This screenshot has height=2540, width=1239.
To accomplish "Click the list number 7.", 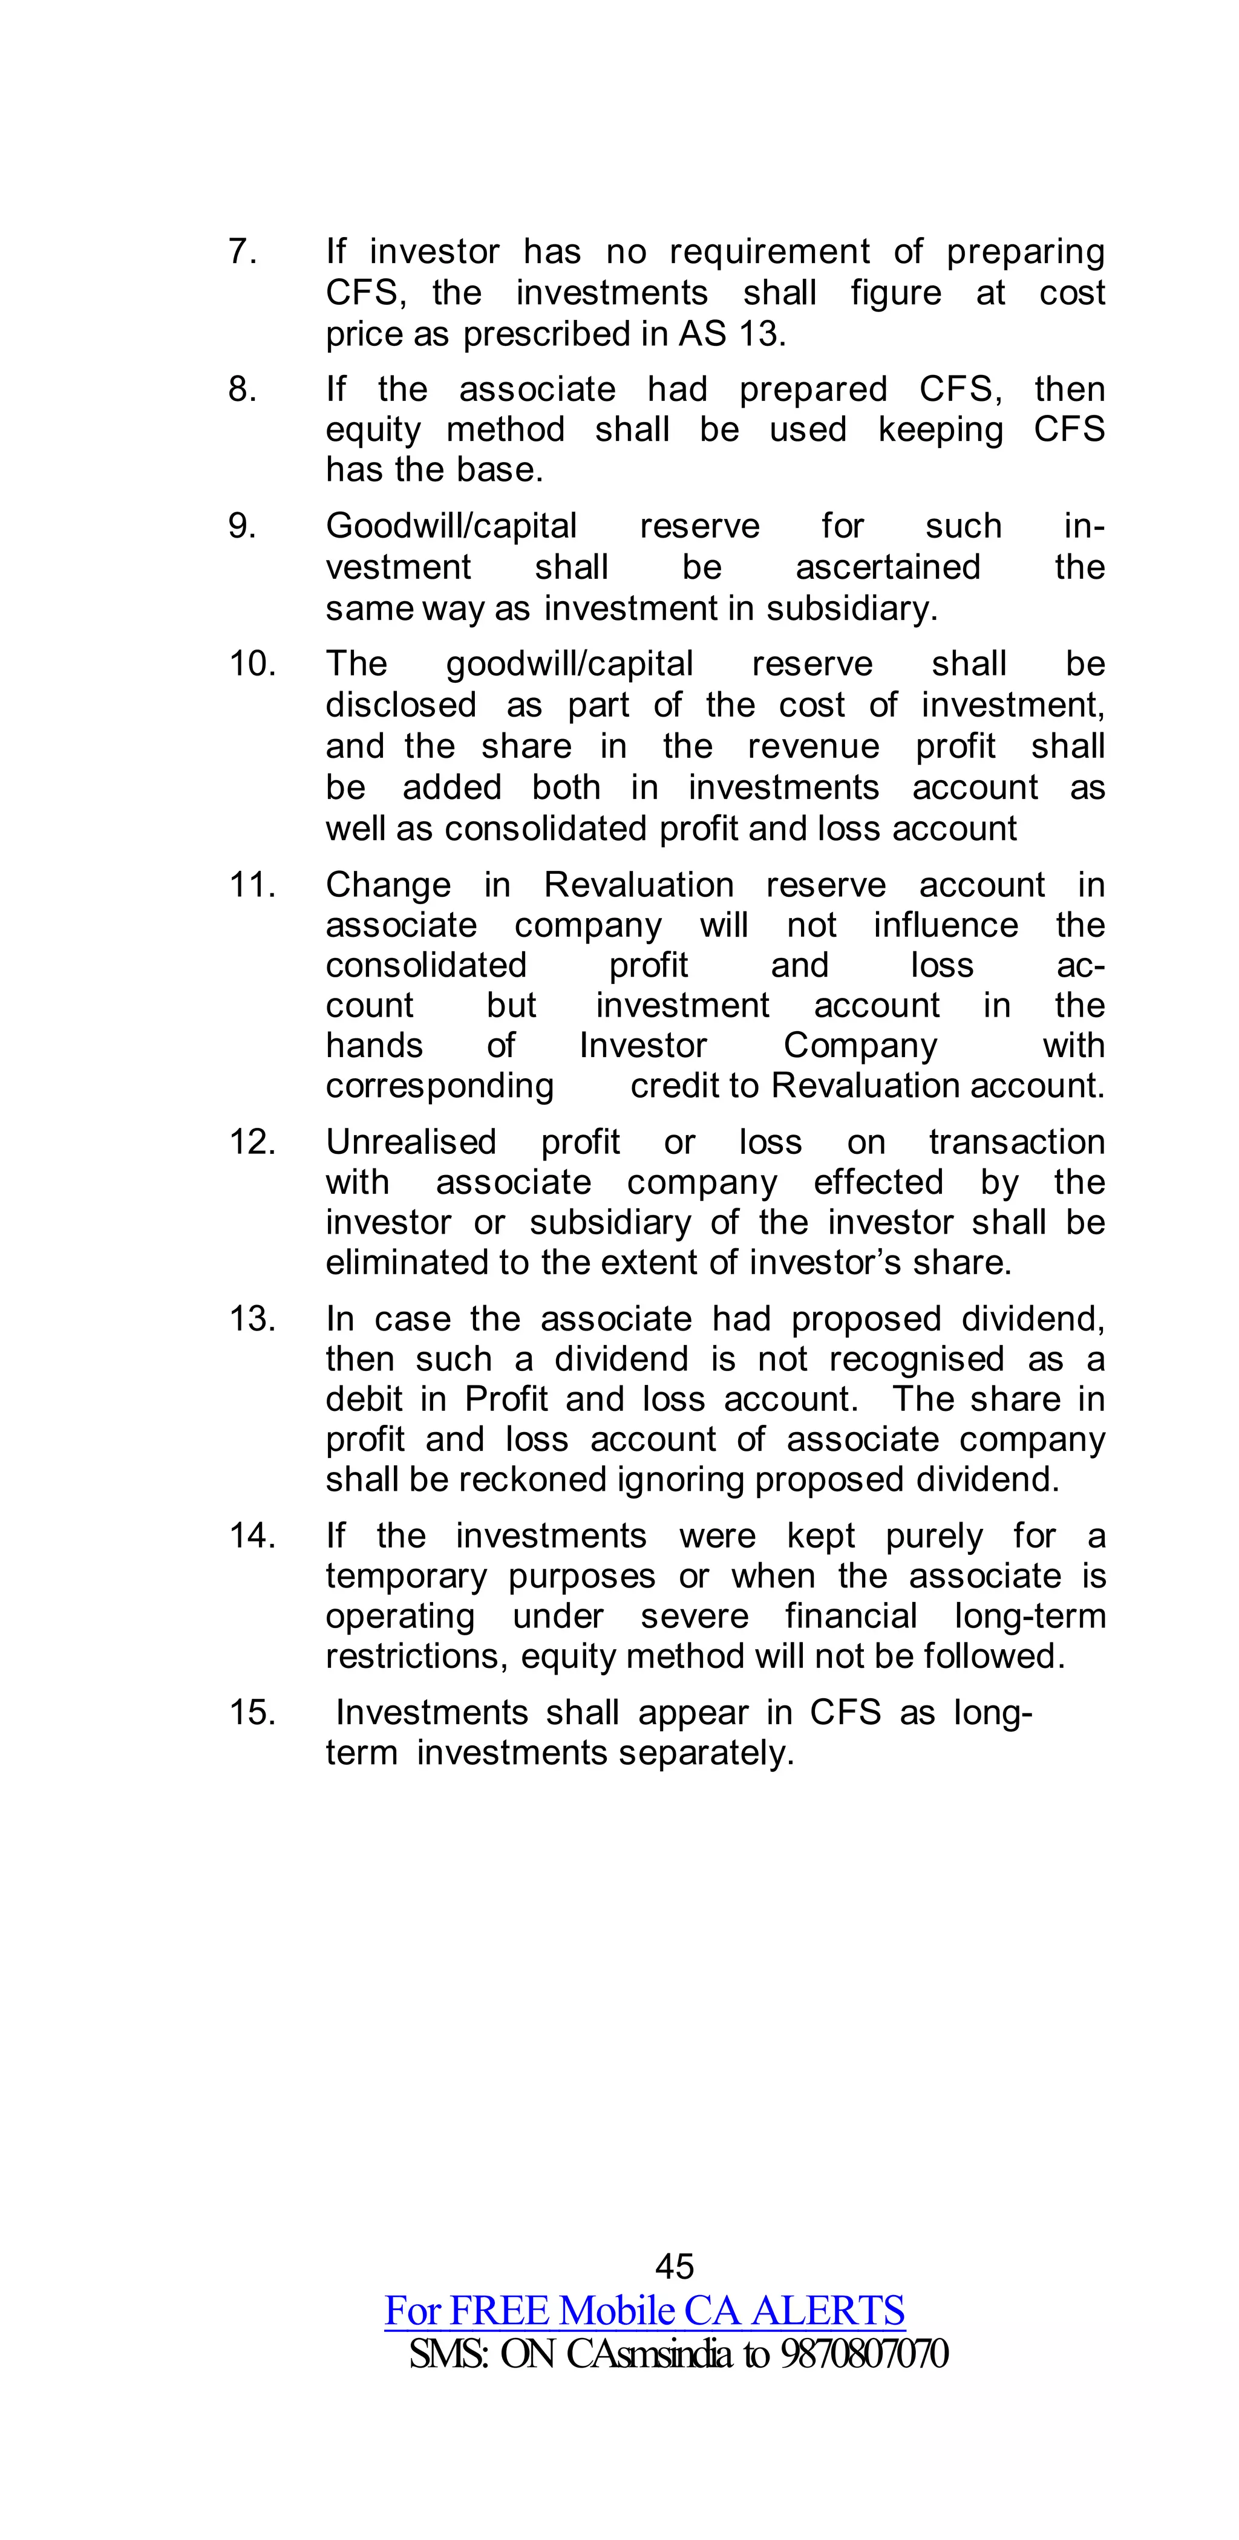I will tap(241, 252).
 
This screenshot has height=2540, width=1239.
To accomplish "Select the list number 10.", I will tap(252, 663).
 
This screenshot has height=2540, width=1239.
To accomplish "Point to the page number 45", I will tap(675, 2266).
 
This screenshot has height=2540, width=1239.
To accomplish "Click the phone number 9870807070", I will tap(864, 2354).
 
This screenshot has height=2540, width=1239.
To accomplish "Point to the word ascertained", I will tap(888, 568).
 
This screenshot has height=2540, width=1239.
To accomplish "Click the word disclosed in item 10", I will tap(400, 705).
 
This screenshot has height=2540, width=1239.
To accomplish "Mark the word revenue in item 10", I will tap(813, 746).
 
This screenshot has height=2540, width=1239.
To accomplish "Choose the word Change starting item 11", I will tap(388, 885).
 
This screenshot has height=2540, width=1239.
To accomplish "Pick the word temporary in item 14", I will tap(407, 1577).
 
